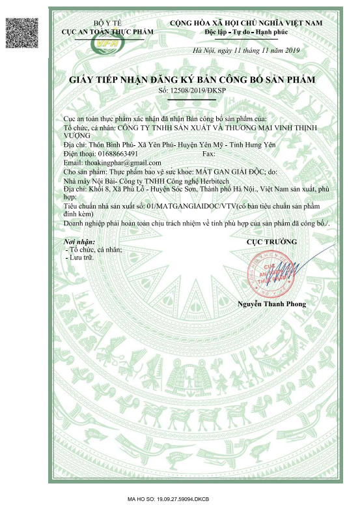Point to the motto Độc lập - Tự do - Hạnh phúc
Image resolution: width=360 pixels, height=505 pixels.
click(245, 32)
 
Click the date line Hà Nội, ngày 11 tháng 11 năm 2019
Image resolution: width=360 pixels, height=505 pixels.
click(245, 51)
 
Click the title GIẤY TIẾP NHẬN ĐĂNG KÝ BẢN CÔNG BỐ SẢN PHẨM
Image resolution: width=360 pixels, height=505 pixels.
click(191, 79)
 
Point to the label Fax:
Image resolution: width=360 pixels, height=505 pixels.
click(209, 153)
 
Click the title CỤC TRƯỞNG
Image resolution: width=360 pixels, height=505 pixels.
click(271, 242)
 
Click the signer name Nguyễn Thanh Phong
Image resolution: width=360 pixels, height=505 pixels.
click(271, 304)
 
